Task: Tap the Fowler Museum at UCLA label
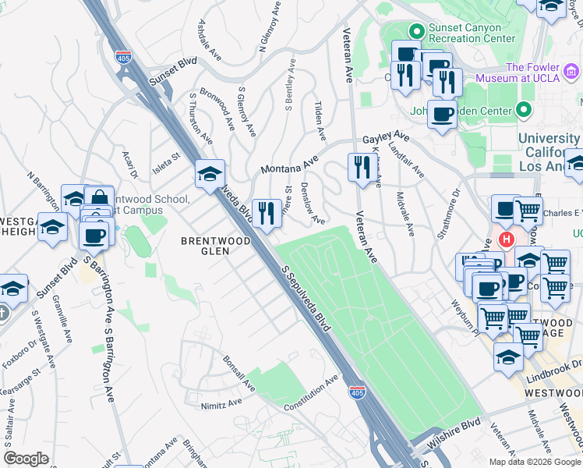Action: (542, 74)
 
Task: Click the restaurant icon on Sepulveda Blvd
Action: (267, 213)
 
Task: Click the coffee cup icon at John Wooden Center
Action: (442, 115)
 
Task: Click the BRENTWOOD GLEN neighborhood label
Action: (215, 241)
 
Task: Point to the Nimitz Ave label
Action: (224, 402)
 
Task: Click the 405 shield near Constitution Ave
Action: (357, 392)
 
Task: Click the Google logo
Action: (26, 459)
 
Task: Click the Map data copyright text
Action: (535, 462)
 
